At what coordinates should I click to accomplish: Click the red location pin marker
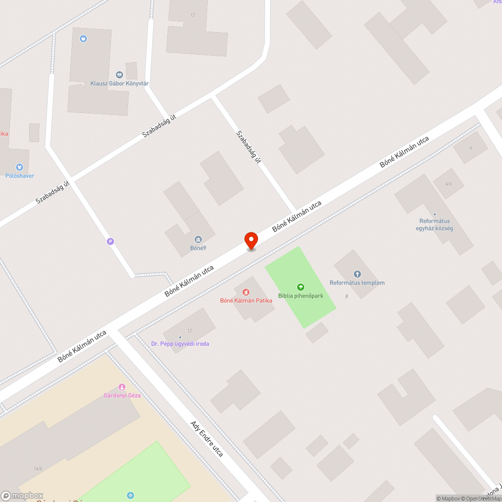[x=250, y=240]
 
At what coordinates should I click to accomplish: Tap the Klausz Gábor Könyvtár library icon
[x=119, y=75]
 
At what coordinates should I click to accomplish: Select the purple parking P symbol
[x=110, y=241]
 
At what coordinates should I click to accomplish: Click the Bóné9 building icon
[x=198, y=239]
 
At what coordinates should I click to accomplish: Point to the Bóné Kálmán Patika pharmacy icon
[x=246, y=292]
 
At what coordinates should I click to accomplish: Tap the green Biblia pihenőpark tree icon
[x=300, y=287]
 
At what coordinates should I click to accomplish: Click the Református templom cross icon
[x=357, y=274]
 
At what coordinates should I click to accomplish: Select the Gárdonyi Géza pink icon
[x=121, y=387]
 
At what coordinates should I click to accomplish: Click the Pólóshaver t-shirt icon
[x=19, y=167]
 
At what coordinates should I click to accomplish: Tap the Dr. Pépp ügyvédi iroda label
[x=180, y=344]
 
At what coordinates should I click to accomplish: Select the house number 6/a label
[x=448, y=184]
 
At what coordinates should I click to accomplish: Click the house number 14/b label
[x=38, y=469]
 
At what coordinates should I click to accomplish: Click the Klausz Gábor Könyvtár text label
[x=119, y=83]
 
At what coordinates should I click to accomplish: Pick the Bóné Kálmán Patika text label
[x=246, y=300]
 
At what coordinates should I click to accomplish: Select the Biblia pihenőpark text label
[x=301, y=296]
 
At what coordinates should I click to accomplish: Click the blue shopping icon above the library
[x=83, y=38]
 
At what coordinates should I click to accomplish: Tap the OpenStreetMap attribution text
[x=482, y=498]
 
